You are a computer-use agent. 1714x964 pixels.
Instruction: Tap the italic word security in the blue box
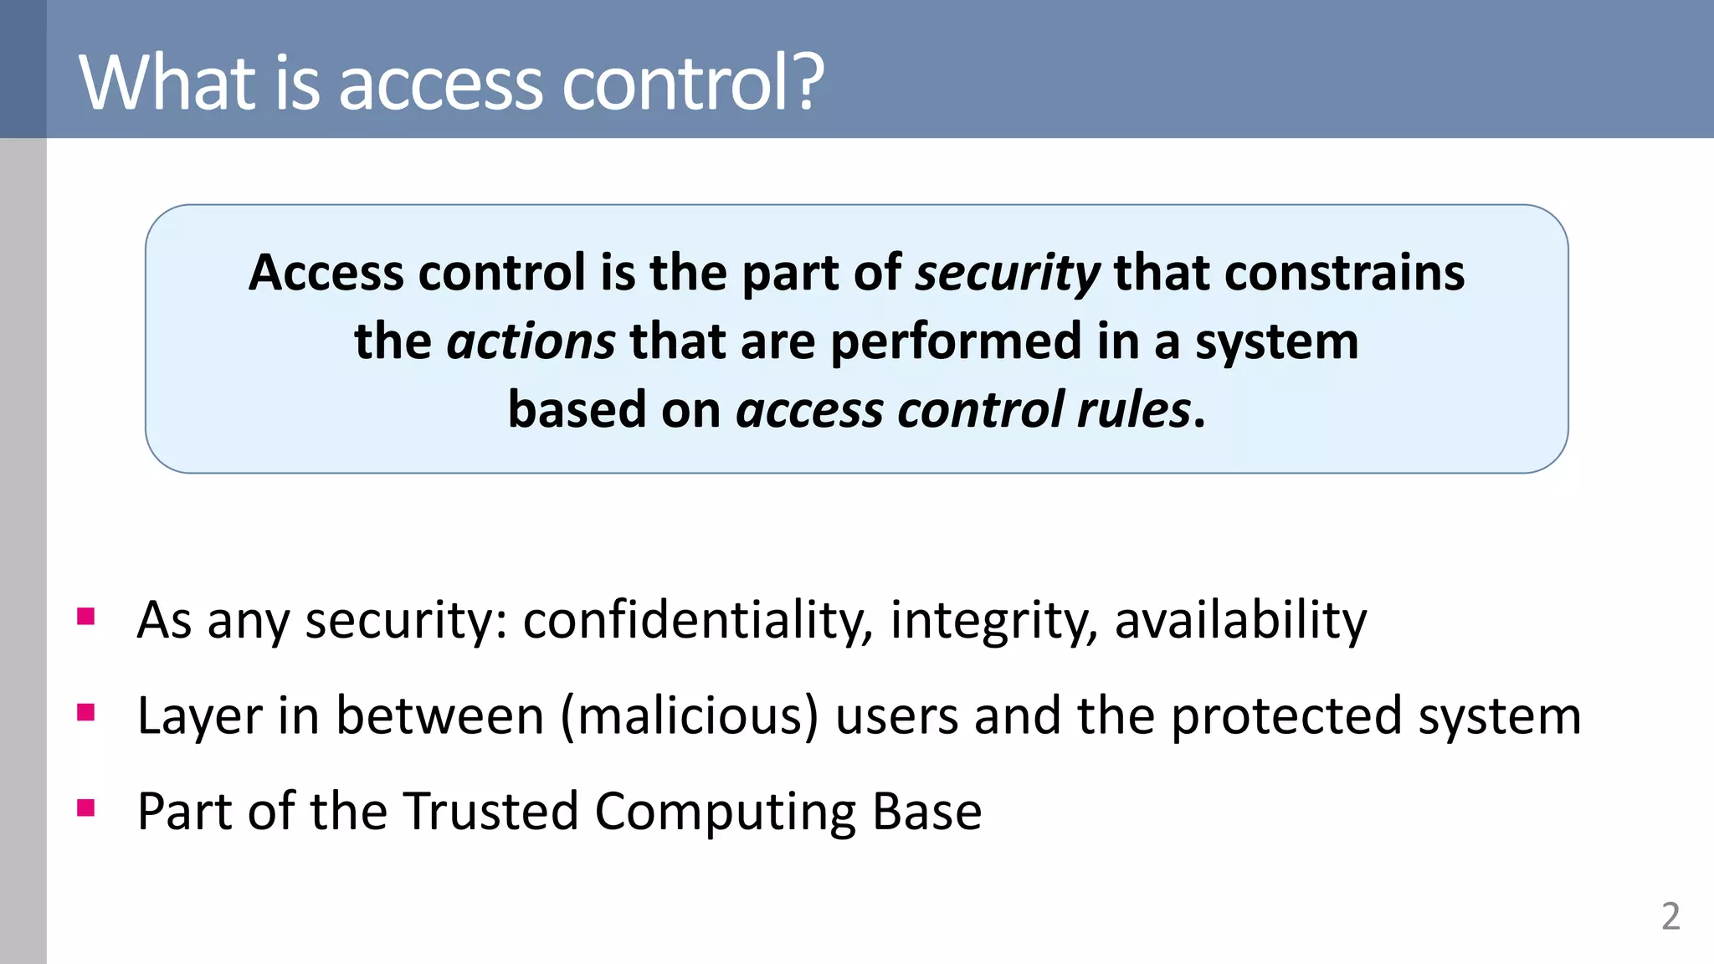click(1008, 274)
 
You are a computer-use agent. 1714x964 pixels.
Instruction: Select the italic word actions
click(531, 342)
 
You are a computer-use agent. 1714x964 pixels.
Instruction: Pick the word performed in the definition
click(956, 342)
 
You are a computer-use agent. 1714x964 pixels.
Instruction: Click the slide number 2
click(1670, 917)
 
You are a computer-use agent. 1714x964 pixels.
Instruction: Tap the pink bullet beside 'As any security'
click(85, 617)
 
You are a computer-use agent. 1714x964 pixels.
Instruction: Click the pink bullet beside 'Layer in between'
click(85, 712)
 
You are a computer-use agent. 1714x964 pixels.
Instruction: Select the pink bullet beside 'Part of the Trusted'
click(85, 808)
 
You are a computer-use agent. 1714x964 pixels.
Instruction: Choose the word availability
click(1240, 621)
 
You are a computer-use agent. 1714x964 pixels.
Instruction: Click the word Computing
click(725, 812)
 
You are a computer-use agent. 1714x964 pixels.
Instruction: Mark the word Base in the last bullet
click(926, 812)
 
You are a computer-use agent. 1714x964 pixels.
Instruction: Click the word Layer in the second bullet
click(199, 716)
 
